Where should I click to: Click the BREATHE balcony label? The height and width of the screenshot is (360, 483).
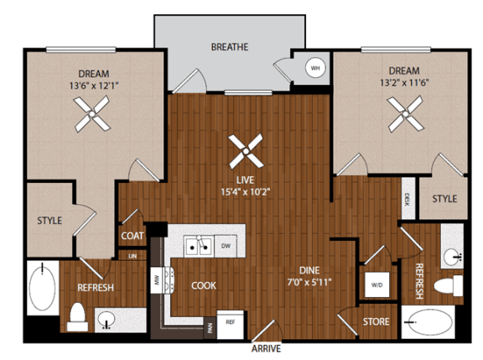pos(229,48)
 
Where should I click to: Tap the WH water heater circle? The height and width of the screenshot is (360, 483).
pos(316,68)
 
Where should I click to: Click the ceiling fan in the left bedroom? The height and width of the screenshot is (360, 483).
pos(90,113)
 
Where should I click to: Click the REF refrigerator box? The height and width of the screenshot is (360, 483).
pos(227,321)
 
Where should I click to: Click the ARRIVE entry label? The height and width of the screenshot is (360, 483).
pos(265,347)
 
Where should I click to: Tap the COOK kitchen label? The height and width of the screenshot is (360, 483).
pos(203,285)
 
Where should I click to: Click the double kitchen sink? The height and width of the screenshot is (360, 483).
pos(199,246)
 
